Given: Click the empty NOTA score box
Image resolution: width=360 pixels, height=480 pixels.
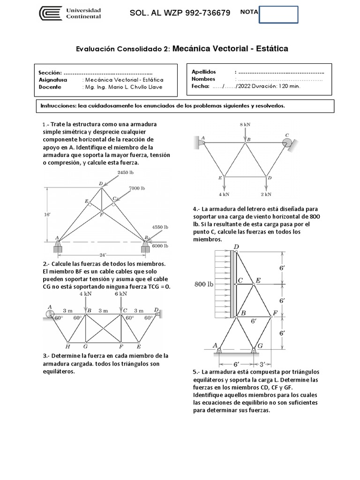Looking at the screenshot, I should point(278,14).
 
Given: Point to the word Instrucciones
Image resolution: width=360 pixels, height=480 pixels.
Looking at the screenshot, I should point(58,106).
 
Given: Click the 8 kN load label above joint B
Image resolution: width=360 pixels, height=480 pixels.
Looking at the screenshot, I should point(245,125).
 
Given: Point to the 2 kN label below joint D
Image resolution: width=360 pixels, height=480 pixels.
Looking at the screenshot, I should point(266,194).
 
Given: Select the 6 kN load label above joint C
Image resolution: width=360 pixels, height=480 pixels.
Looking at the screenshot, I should point(120,294).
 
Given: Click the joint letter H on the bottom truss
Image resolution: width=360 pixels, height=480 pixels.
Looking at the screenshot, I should point(68,347).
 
